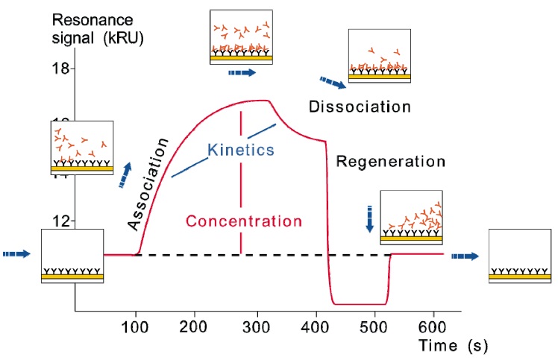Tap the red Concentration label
(244, 221)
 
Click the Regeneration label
(390, 161)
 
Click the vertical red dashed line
(241, 179)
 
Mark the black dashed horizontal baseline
(224, 255)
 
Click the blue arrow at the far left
(17, 254)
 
